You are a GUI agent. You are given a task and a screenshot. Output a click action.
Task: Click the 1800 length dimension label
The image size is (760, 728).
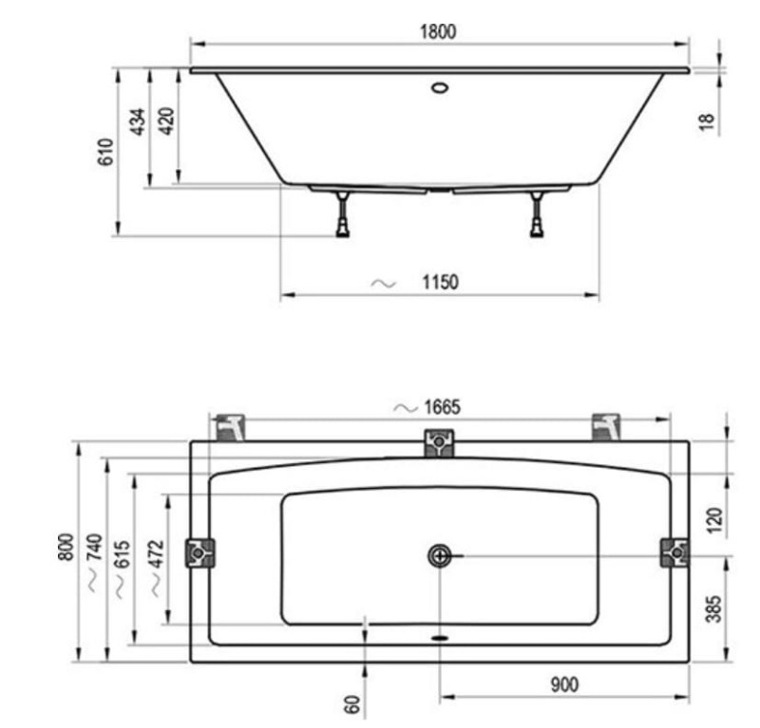pyautogui.click(x=438, y=31)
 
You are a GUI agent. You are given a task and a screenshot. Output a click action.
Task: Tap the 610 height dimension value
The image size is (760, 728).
pyautogui.click(x=105, y=152)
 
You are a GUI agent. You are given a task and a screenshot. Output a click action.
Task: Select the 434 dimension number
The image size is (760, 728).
pyautogui.click(x=138, y=121)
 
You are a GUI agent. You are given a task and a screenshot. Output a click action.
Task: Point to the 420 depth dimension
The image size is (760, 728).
pyautogui.click(x=166, y=121)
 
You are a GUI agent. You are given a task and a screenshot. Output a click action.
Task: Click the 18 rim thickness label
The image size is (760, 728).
pyautogui.click(x=707, y=121)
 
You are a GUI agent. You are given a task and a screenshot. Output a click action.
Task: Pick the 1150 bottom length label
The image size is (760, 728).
pyautogui.click(x=440, y=282)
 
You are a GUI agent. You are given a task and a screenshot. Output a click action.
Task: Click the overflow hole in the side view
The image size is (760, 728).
pyautogui.click(x=440, y=87)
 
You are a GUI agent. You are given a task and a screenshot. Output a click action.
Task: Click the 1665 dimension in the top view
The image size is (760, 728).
pyautogui.click(x=442, y=407)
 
